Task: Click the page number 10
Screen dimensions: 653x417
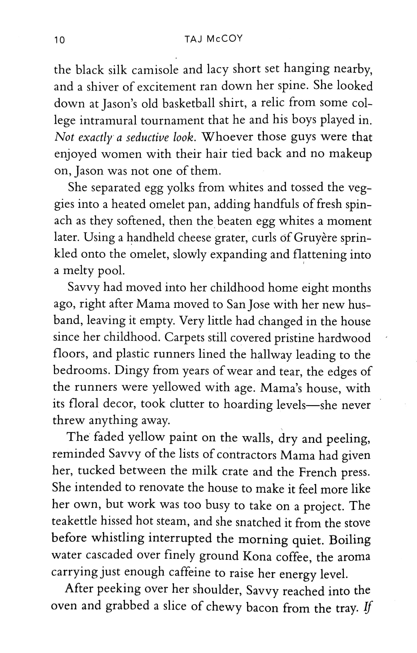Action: pyautogui.click(x=59, y=40)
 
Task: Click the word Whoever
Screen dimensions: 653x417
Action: pyautogui.click(x=228, y=137)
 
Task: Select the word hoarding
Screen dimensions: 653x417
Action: pyautogui.click(x=248, y=404)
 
